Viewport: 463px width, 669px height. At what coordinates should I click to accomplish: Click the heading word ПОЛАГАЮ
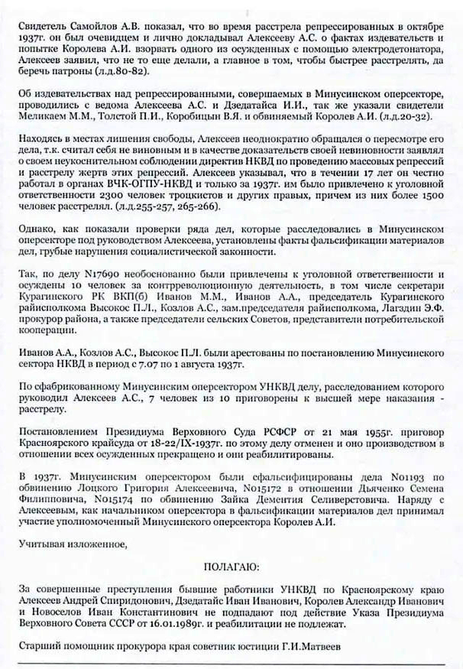coord(231,568)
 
